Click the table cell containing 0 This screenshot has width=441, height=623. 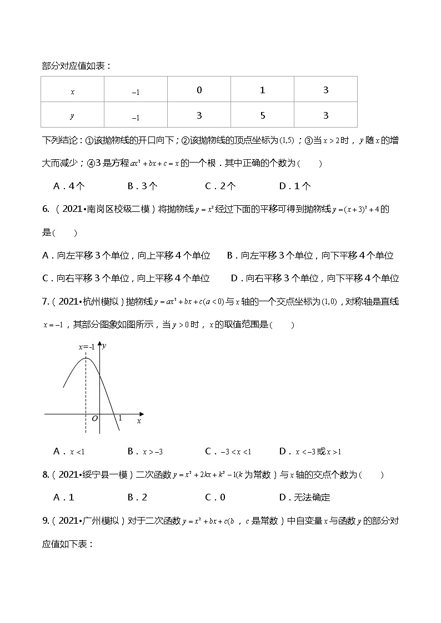[x=199, y=90]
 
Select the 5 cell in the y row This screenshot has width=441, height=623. [x=263, y=115]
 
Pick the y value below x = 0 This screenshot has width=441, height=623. [x=199, y=115]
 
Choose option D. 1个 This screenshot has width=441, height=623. [x=295, y=186]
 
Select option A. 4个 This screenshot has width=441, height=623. [x=68, y=186]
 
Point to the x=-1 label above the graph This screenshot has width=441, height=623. [x=86, y=347]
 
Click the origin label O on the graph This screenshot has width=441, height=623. [x=95, y=418]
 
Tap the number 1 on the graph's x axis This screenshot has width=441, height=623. [x=120, y=418]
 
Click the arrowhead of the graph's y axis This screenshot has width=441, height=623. [x=100, y=344]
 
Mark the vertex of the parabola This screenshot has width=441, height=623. [x=86, y=358]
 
